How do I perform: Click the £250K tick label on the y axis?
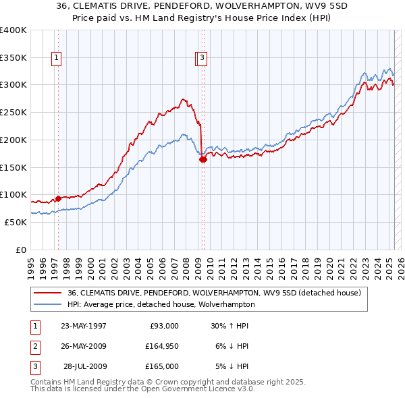tap(13, 112)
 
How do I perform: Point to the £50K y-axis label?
tap(15, 222)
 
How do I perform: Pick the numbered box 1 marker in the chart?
tap(56, 59)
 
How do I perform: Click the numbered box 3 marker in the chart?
tap(202, 59)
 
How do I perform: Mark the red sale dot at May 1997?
tap(59, 198)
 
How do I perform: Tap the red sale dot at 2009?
tap(202, 159)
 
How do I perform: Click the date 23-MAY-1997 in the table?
tap(84, 326)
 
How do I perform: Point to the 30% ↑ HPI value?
tap(230, 326)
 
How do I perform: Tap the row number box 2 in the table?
tap(33, 346)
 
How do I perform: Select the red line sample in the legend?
tap(49, 293)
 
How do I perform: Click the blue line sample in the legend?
tap(49, 304)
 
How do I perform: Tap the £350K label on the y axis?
tap(13, 57)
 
